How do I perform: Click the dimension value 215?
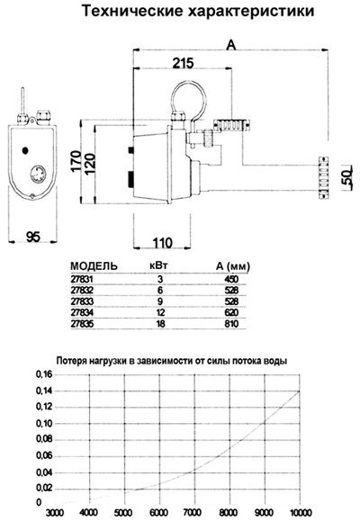(x=184, y=63)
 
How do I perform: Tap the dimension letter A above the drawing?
(x=230, y=45)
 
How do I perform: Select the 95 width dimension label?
(x=33, y=237)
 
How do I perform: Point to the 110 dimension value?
(x=163, y=243)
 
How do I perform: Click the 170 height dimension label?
(x=76, y=161)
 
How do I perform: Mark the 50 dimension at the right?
(x=346, y=178)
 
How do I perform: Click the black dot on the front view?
(x=25, y=150)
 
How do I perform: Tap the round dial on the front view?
(x=39, y=175)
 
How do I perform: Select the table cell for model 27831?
(x=82, y=279)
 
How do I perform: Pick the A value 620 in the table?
(x=231, y=312)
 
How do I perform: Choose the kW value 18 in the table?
(x=160, y=324)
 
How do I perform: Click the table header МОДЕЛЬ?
(x=94, y=266)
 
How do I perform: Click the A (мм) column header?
(x=233, y=266)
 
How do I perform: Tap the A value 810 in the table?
(x=231, y=324)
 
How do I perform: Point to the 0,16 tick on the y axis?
(x=44, y=374)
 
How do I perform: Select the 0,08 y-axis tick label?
(x=44, y=440)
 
